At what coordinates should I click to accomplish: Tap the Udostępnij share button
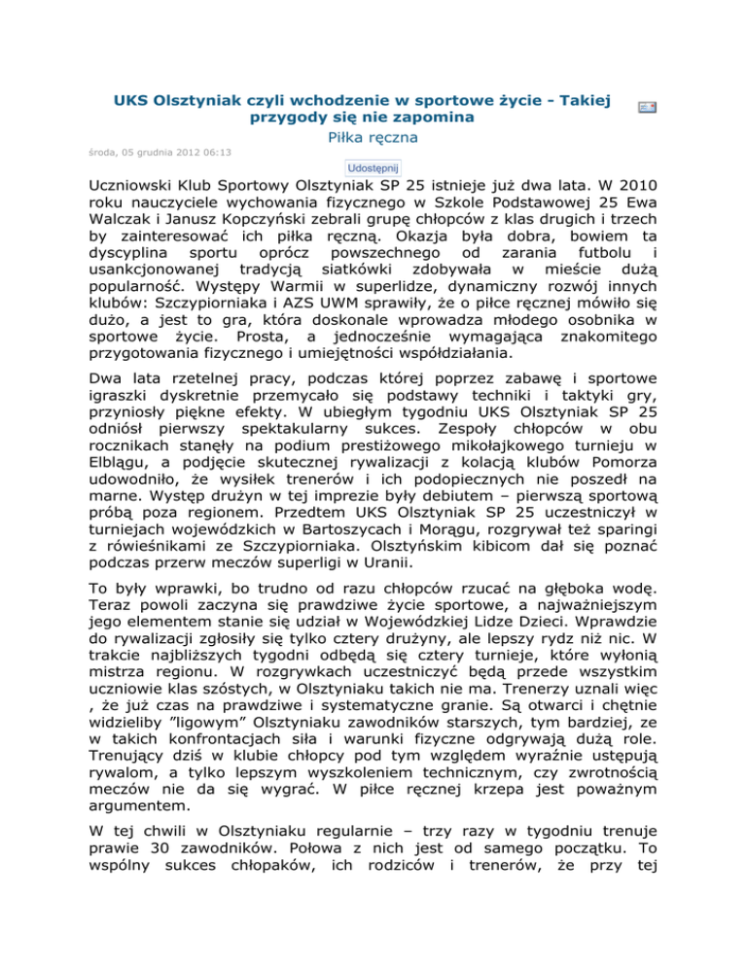(374, 167)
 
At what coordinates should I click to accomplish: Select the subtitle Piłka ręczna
(373, 139)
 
